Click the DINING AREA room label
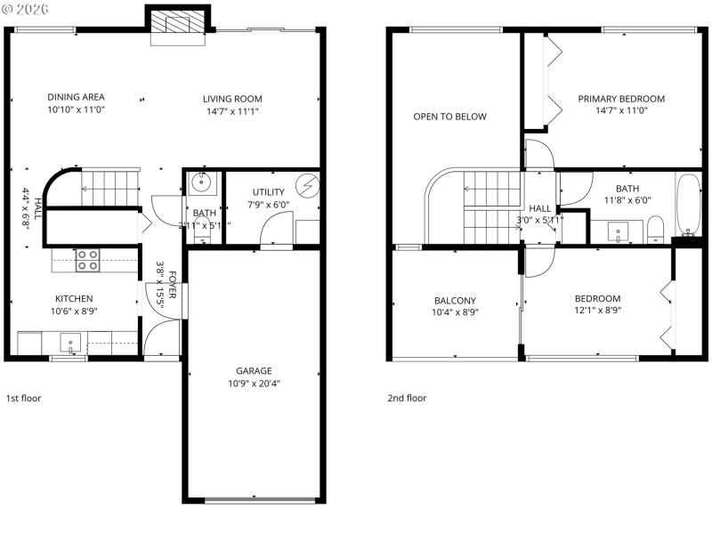coord(76,98)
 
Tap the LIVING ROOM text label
coord(232,99)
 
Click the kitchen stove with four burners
coord(88,261)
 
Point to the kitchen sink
coord(69,343)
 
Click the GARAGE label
coord(254,371)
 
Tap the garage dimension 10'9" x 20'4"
coord(254,384)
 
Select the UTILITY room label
coord(268,192)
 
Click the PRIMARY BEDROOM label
coord(621,99)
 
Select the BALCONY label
coord(455,300)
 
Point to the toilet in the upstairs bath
coord(654,228)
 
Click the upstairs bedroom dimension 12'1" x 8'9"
coord(597,311)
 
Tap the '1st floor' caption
coord(23,398)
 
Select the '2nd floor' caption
coord(406,398)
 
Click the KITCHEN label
coord(74,299)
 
